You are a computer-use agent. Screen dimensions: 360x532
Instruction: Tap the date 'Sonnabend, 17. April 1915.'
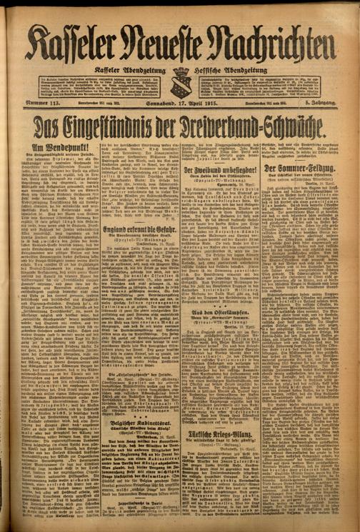pyautogui.click(x=179, y=104)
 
